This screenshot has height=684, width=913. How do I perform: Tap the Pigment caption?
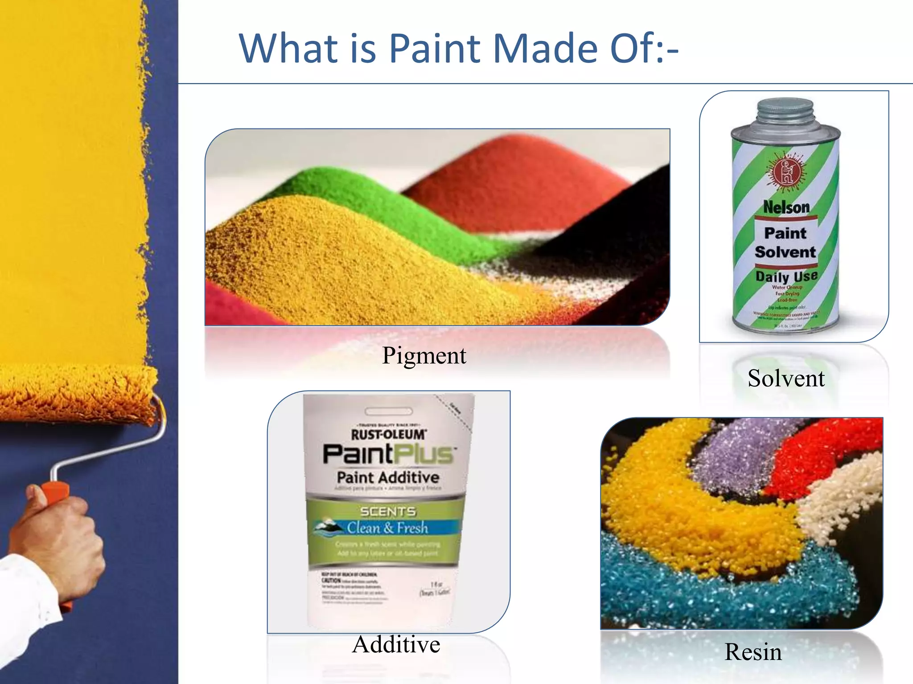coord(424,355)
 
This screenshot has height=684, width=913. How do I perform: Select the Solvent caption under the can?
coord(786,379)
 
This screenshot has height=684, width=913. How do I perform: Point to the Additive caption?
coord(396,644)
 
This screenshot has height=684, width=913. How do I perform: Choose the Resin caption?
coord(753,652)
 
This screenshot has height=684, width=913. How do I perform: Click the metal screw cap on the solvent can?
coord(786,111)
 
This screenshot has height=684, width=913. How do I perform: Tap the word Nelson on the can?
coord(786,207)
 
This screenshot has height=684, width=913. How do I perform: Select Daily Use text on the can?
coord(786,276)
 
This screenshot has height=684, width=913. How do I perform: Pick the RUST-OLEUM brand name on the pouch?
coord(388,434)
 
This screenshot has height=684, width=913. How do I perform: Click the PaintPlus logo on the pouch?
coord(388,454)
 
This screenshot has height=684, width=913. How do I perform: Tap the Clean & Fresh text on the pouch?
coord(387,528)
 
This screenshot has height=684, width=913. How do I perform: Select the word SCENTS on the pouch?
coord(388,511)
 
